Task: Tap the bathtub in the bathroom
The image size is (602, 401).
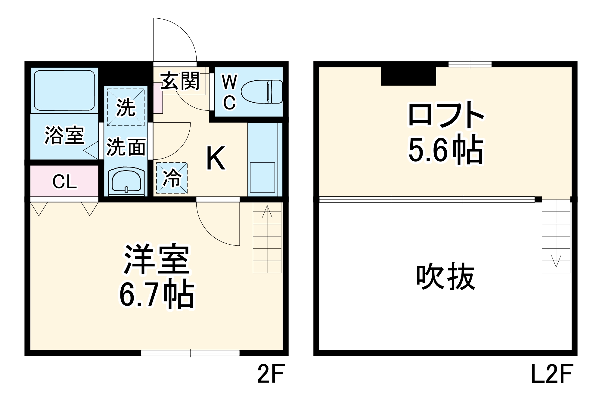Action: tap(64, 90)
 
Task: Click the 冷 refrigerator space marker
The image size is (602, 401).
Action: tap(172, 178)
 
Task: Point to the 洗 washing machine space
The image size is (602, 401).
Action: tap(126, 107)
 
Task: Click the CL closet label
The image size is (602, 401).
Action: tap(64, 182)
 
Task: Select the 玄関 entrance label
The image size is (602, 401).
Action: tap(180, 81)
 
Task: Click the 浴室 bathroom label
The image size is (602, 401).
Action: tap(64, 135)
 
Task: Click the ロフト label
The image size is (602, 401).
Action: tap(445, 115)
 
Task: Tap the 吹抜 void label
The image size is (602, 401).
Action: tap(445, 276)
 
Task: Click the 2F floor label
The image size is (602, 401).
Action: tap(271, 374)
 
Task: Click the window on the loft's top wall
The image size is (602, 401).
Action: tap(470, 64)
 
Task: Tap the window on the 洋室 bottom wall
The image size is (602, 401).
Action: tap(190, 353)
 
